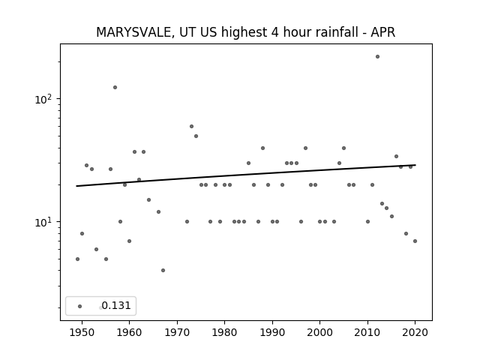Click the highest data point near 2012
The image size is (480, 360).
tap(377, 57)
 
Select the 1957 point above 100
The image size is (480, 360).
tap(115, 87)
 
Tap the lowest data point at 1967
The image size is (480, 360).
tap(163, 270)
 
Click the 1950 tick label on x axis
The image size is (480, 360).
tap(82, 332)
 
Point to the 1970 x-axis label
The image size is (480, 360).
tap(177, 332)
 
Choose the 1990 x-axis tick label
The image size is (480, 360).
tap(272, 332)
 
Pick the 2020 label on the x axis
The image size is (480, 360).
tap(415, 332)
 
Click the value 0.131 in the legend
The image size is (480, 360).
tap(116, 305)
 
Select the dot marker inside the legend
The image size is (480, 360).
tap(80, 306)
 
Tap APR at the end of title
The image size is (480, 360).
tap(383, 32)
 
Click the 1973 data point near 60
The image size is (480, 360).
tap(191, 127)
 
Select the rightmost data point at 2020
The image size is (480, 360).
tap(415, 241)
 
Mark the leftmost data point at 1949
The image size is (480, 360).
tap(77, 259)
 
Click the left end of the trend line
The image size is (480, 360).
tap(76, 186)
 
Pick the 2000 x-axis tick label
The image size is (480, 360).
tap(320, 332)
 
